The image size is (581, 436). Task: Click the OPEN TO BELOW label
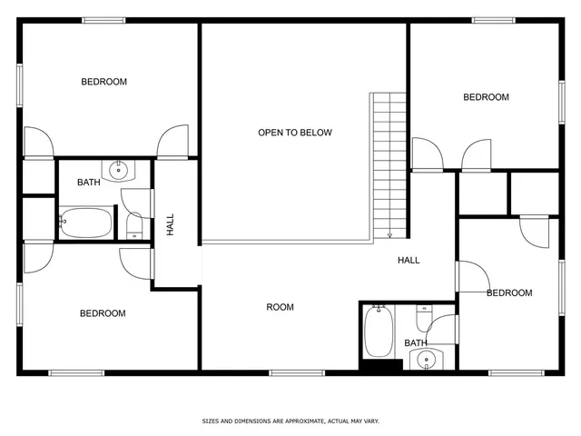(295, 133)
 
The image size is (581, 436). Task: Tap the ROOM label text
(280, 307)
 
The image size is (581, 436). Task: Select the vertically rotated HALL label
(170, 225)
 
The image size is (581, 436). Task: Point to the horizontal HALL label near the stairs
(409, 261)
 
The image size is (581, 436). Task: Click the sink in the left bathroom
(118, 169)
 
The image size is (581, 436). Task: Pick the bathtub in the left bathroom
(86, 222)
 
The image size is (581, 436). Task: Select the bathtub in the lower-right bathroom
(378, 332)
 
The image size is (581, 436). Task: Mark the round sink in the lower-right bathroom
(427, 360)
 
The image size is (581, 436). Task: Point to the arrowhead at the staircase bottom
(389, 235)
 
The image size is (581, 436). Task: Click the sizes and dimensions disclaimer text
(290, 421)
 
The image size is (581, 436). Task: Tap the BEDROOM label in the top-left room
(104, 82)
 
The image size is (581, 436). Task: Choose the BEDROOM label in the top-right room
(487, 97)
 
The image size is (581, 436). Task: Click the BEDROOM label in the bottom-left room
(103, 313)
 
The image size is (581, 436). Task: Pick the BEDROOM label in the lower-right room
(509, 292)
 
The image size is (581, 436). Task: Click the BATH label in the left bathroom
(88, 183)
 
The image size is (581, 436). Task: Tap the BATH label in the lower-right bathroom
(416, 342)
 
